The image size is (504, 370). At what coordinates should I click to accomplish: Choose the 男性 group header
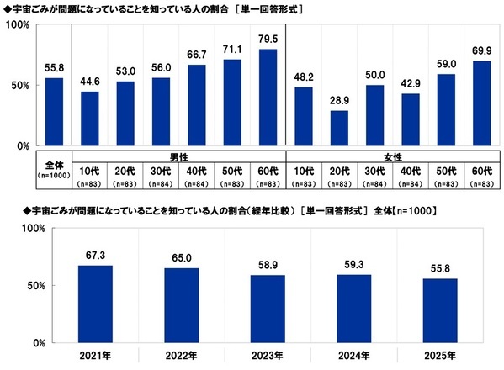click(178, 156)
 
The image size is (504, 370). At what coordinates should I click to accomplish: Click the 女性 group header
click(393, 156)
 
